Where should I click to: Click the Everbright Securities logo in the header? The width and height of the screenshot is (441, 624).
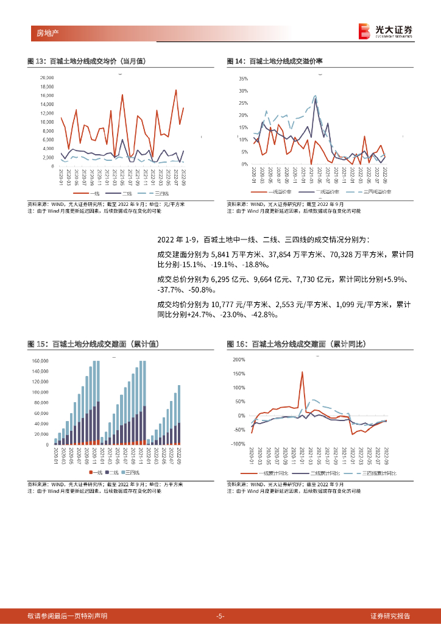tap(386, 30)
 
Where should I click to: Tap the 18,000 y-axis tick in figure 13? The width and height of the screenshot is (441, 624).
tap(46, 87)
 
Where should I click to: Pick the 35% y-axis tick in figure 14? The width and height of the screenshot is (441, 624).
tap(243, 79)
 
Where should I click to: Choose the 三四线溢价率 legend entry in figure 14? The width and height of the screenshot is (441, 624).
tap(373, 192)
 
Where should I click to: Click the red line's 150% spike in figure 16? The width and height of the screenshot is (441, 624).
tap(302, 372)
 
